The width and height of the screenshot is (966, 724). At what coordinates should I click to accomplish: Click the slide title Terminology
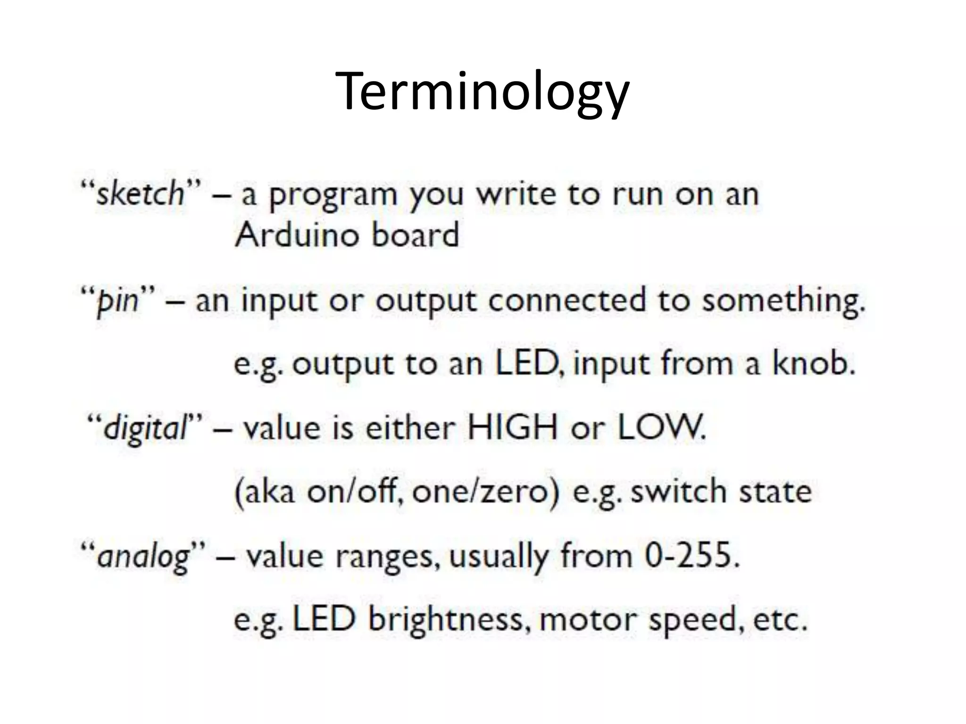pos(483,92)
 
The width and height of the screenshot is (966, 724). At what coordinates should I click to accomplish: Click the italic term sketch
pos(140,194)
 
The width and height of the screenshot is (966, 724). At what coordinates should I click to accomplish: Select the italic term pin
pos(117,301)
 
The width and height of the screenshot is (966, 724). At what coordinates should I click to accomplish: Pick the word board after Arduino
pos(415,234)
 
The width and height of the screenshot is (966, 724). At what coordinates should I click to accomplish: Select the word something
pos(783,301)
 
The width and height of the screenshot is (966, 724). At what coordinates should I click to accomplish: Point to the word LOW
pos(660,428)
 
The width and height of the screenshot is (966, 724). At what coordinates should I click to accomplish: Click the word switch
pos(679,492)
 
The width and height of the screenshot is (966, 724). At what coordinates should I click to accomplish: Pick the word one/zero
pos(486,492)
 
